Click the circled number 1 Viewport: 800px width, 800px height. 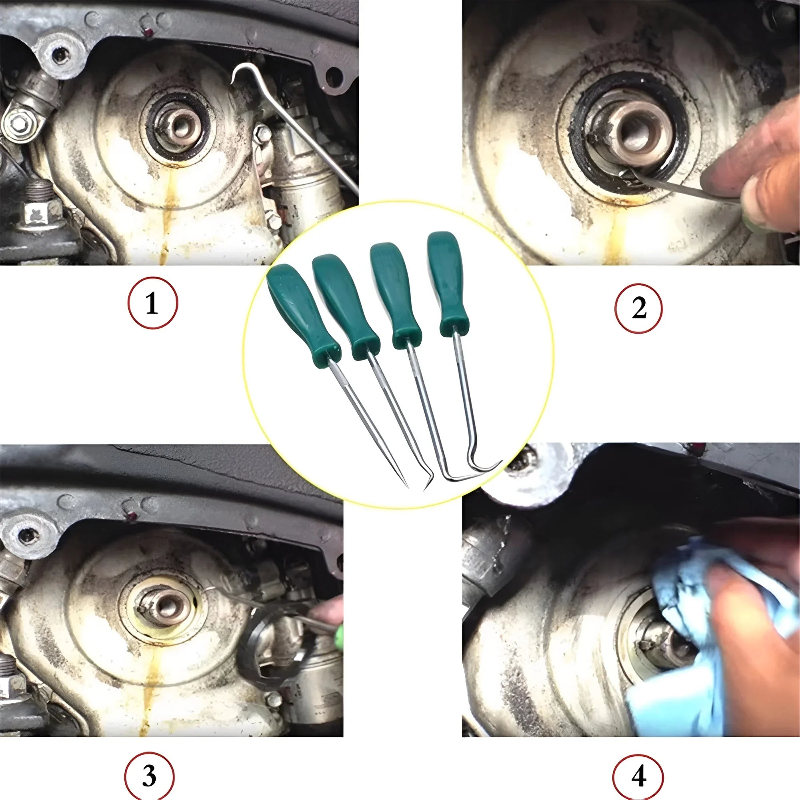(152, 303)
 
